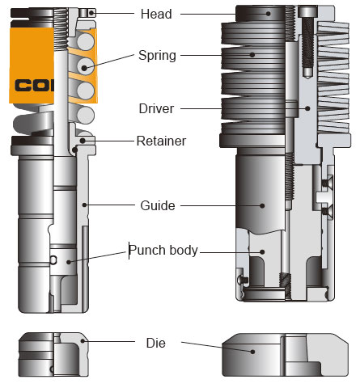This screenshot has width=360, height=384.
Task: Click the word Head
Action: pyautogui.click(x=156, y=14)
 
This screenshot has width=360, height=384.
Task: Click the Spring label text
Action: pyautogui.click(x=158, y=56)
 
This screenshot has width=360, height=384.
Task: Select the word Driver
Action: pyautogui.click(x=157, y=108)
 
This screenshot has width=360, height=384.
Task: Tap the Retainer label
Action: pyautogui.click(x=161, y=141)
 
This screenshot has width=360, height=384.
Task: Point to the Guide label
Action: pyautogui.click(x=157, y=205)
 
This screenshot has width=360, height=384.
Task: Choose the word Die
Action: pyautogui.click(x=156, y=343)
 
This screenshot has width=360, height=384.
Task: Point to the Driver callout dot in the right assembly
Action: pyautogui.click(x=307, y=108)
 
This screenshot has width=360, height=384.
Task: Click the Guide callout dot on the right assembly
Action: pyautogui.click(x=261, y=205)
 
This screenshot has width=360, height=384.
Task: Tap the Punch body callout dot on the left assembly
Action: pyautogui.click(x=70, y=260)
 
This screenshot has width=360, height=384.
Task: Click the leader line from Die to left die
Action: pyautogui.click(x=113, y=342)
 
